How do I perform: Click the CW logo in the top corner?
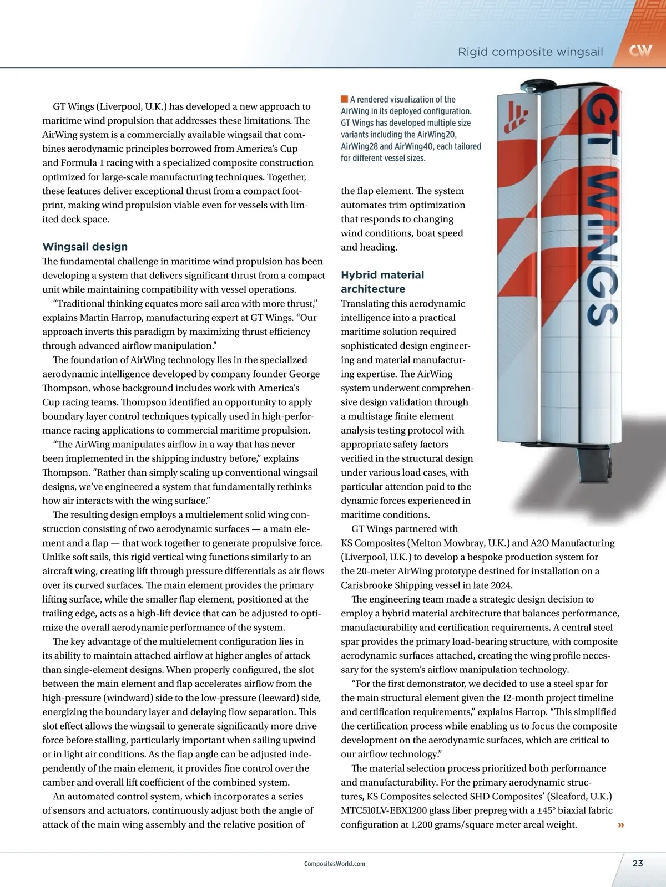point(640,52)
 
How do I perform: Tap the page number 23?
point(638,863)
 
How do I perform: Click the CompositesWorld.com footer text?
point(334,864)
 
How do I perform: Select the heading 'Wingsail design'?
point(85,247)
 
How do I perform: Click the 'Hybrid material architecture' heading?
point(382,282)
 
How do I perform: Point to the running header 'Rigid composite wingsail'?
point(530,52)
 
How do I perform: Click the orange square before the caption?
point(344,99)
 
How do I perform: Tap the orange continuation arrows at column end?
point(621,825)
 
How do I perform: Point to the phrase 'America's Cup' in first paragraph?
point(268,149)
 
